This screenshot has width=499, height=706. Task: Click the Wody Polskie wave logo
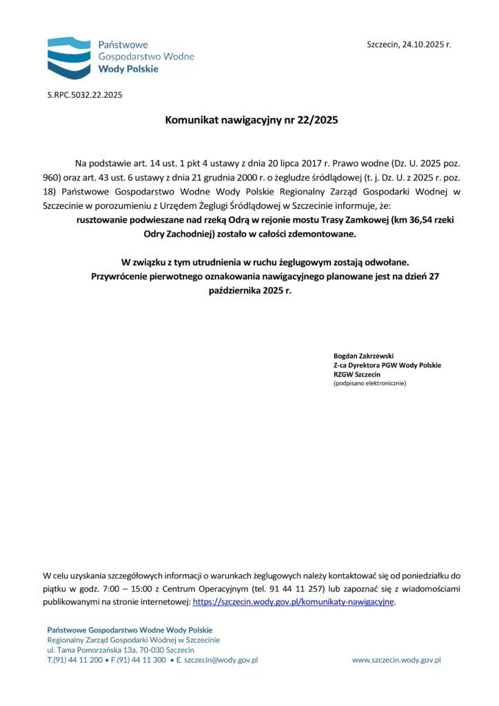point(68,57)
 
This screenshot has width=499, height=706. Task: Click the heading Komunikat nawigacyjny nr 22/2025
point(252,120)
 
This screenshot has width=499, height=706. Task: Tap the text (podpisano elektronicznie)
point(369,383)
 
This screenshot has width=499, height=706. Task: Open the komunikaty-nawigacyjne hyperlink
point(294,602)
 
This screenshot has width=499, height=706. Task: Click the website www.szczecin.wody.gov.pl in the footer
point(396,660)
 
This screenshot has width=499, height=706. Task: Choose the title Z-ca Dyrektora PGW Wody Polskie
point(387,365)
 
